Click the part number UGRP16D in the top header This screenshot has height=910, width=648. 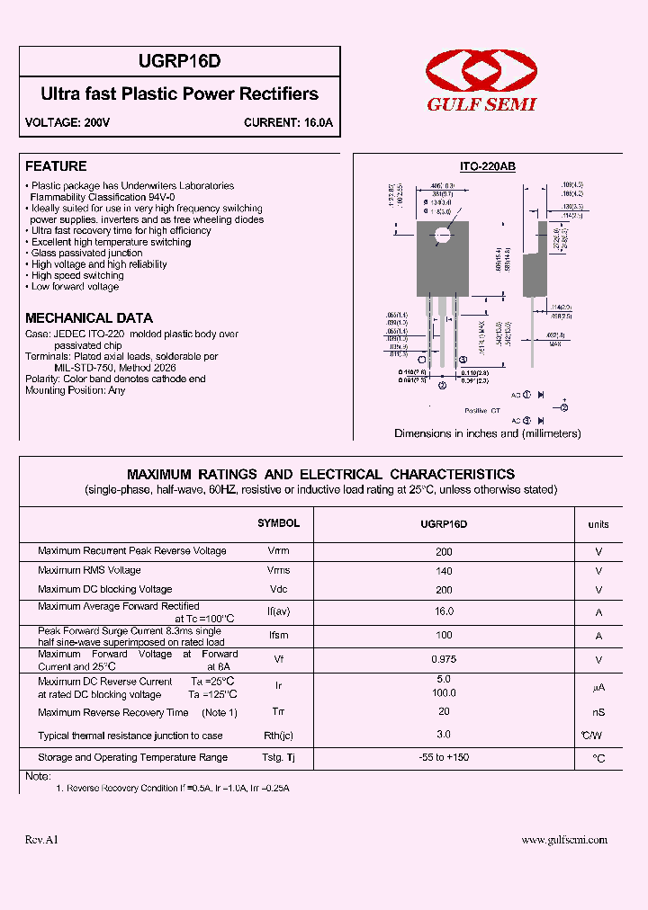[x=180, y=62]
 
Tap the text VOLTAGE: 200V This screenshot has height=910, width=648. [x=67, y=123]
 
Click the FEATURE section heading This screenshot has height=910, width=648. [x=56, y=166]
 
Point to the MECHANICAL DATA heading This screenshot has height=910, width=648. [x=89, y=318]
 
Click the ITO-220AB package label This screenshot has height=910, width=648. [x=487, y=167]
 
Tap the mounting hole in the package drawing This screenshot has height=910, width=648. [x=442, y=236]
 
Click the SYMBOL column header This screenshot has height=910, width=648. [x=278, y=523]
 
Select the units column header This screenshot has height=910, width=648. [x=598, y=524]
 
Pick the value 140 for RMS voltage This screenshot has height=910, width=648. [x=444, y=570]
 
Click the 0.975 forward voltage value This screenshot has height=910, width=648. [x=444, y=659]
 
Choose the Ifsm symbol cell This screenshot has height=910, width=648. [x=279, y=636]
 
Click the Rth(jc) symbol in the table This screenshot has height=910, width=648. [x=279, y=736]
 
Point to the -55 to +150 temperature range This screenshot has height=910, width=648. [x=444, y=758]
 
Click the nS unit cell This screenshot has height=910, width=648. [x=598, y=713]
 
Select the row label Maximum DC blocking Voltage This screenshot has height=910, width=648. [x=104, y=590]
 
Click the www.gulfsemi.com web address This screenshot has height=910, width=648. [x=564, y=840]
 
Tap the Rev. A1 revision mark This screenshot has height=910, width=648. [x=41, y=840]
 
